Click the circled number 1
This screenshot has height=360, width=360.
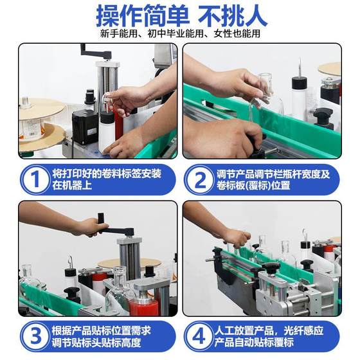(35, 179)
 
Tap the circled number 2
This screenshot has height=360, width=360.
(199, 180)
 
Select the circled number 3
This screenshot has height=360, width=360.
(35, 336)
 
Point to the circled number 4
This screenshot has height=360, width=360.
(199, 336)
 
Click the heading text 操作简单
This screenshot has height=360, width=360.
(143, 16)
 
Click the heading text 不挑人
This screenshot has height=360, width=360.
(233, 16)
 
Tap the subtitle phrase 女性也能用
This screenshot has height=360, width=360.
(237, 33)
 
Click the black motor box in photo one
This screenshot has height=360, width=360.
(85, 127)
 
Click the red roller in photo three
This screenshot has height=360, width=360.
(143, 307)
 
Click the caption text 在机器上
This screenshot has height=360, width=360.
(72, 185)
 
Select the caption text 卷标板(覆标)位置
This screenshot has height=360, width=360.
(253, 186)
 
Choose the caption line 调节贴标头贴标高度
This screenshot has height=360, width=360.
(96, 343)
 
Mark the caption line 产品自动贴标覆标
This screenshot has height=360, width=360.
(254, 343)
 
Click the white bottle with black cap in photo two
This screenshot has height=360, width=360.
(299, 96)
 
